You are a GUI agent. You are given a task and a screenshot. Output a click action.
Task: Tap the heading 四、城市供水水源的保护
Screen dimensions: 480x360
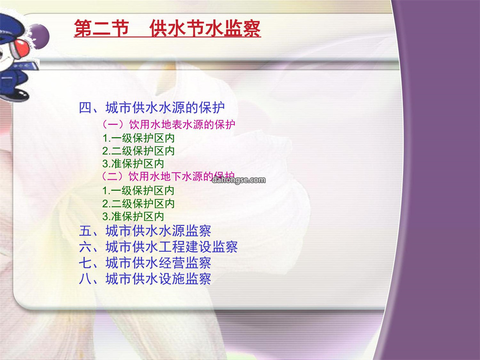(x=152, y=108)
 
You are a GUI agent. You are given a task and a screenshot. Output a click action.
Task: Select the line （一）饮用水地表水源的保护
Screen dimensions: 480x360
(x=168, y=124)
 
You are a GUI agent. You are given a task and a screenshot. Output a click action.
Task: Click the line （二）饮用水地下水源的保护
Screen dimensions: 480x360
(x=168, y=176)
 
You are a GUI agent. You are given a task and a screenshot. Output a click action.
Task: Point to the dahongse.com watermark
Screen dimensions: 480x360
(x=239, y=180)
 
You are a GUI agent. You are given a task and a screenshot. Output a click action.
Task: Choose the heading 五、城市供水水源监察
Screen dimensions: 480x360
(x=145, y=231)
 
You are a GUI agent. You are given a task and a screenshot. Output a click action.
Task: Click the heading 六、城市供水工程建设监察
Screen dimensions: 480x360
(x=158, y=247)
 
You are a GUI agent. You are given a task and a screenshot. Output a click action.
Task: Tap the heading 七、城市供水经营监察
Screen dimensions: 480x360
(x=145, y=263)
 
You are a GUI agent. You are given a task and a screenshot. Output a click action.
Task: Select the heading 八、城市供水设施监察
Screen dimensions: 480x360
(x=145, y=279)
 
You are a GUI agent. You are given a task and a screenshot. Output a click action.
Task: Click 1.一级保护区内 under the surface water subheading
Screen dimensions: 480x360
(x=138, y=138)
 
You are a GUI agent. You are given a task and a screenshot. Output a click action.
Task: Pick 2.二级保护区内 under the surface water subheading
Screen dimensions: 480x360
(x=138, y=151)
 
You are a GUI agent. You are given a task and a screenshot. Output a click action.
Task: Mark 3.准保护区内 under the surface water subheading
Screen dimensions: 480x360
(x=133, y=164)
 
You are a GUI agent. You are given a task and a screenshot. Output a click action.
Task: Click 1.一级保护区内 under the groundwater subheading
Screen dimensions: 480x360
(x=138, y=191)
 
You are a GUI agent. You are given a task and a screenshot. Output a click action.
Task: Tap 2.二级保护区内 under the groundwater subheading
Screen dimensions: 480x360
(x=138, y=204)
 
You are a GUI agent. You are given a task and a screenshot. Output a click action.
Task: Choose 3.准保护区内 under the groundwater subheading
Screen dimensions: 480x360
(x=133, y=216)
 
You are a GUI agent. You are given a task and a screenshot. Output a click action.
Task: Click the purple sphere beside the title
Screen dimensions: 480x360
(x=40, y=36)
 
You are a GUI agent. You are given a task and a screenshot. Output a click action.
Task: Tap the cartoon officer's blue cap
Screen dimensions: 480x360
(x=11, y=28)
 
